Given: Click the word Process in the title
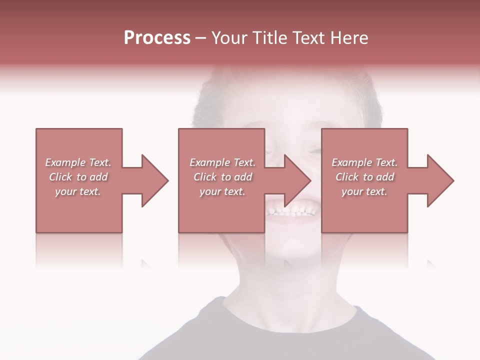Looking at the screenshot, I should tap(157, 38).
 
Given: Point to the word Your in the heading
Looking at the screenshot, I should tap(229, 38).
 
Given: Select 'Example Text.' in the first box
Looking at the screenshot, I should tap(78, 162).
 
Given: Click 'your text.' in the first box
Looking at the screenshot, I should tap(78, 191).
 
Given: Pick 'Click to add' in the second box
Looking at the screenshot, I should tap(222, 177).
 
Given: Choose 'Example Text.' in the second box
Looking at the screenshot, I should tap(222, 162).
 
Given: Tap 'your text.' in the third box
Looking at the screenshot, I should tap(364, 191).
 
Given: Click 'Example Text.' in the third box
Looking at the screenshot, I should tap(364, 162).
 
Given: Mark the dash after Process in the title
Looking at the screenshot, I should tap(200, 38).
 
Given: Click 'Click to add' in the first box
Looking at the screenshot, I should tap(78, 177).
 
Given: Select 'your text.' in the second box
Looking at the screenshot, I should tap(222, 191).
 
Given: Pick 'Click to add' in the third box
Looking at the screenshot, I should tap(364, 177).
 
